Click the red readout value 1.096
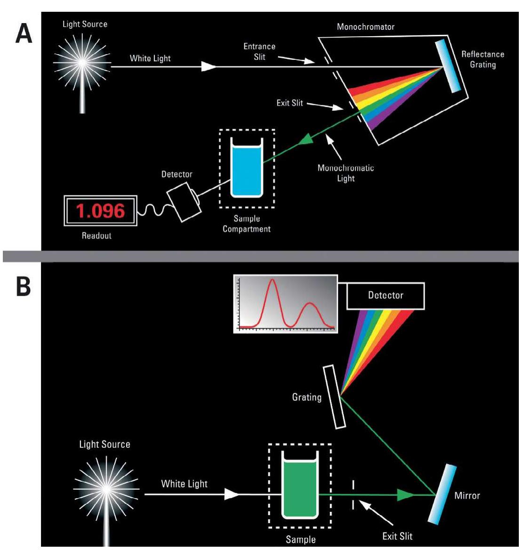click(x=100, y=210)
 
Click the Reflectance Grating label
click(x=483, y=59)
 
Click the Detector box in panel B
click(x=386, y=296)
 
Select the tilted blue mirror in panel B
click(x=442, y=493)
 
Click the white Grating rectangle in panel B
click(x=335, y=396)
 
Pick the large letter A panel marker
click(x=24, y=33)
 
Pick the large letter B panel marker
click(x=24, y=286)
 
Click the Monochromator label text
click(x=365, y=27)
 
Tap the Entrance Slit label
click(x=259, y=51)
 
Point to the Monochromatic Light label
click(x=346, y=173)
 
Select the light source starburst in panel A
click(x=83, y=62)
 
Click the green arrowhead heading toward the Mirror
click(x=405, y=494)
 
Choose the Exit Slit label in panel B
click(x=397, y=536)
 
